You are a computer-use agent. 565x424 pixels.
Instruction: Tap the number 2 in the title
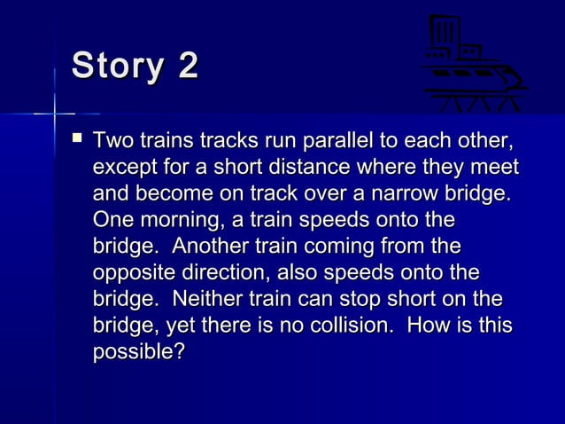click(188, 67)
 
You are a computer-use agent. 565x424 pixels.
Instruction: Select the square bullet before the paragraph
click(77, 140)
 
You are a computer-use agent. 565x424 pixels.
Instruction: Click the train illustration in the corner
click(474, 64)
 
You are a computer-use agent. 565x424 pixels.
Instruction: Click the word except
click(123, 168)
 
